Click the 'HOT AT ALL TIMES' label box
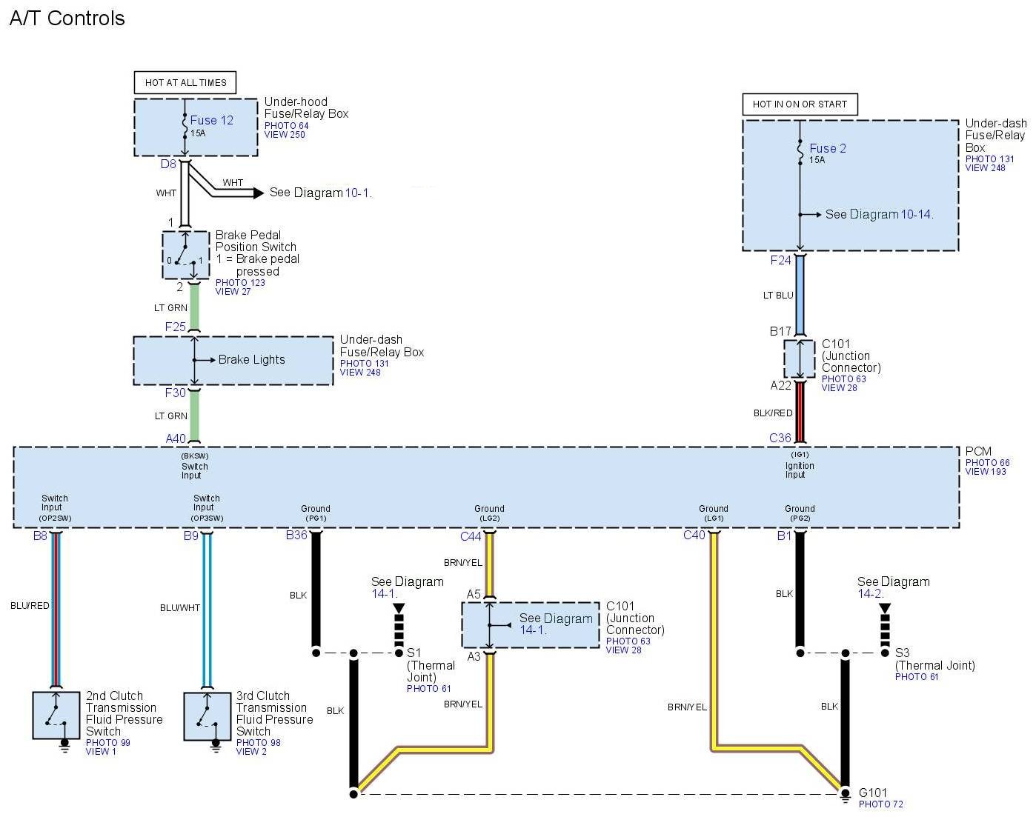[185, 82]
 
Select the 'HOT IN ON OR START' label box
[800, 104]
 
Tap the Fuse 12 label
[211, 120]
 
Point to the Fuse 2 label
[828, 148]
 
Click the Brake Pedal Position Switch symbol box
[186, 255]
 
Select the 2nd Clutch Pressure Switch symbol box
[56, 716]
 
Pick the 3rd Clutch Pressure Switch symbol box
[207, 716]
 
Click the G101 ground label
[872, 793]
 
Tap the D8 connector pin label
[168, 164]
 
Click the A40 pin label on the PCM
[176, 438]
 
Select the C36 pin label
[780, 438]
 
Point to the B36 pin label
[296, 535]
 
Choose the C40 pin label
[694, 535]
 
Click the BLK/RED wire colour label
[773, 413]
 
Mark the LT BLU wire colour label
[778, 295]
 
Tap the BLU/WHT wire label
[180, 607]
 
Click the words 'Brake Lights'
[251, 359]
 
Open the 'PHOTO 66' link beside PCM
[987, 462]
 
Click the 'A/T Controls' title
[67, 19]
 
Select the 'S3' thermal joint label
[902, 653]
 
